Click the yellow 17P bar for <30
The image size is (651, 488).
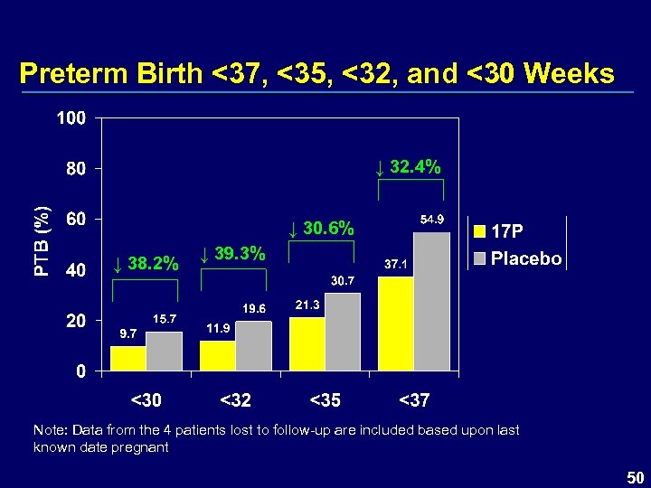[x=128, y=359]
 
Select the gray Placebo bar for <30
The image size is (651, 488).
[x=164, y=352]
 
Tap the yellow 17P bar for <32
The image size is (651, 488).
[x=217, y=356]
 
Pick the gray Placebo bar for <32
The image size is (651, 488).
[x=253, y=346]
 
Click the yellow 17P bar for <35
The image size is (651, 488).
[x=307, y=344]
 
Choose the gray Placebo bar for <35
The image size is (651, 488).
[x=343, y=332]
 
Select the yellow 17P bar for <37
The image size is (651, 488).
[x=395, y=324]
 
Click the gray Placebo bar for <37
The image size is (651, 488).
[x=431, y=301]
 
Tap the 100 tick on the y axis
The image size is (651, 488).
[x=71, y=118]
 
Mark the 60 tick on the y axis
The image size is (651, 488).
[x=76, y=220]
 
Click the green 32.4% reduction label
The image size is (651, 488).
[x=409, y=166]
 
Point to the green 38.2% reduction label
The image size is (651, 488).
[x=146, y=264]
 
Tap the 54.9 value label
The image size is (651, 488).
[x=430, y=220]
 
